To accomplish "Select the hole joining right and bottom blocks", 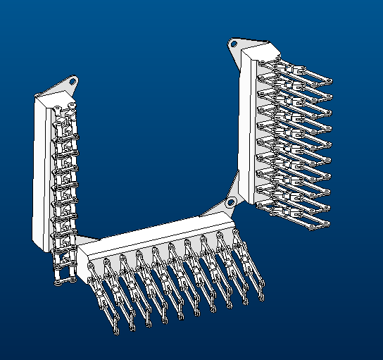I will tap(230, 204).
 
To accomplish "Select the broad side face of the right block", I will tap(248, 127).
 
